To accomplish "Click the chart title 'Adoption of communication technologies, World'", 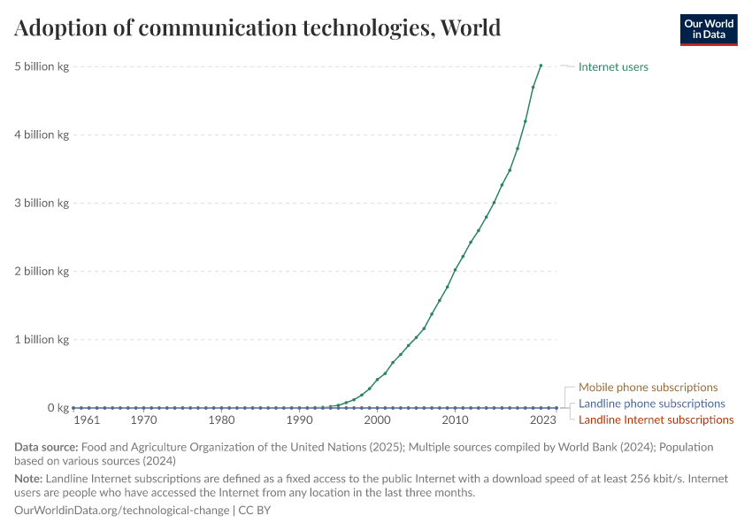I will click(x=257, y=27).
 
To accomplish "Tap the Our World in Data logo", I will click(x=708, y=29).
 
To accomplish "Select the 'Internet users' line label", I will click(x=613, y=66).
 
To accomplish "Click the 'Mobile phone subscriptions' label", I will click(x=648, y=388).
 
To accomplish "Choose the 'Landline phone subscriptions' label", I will click(x=651, y=404).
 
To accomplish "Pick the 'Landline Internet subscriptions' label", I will click(x=656, y=419).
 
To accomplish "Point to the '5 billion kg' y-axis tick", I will click(x=41, y=66).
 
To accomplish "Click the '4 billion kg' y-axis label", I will click(x=41, y=135).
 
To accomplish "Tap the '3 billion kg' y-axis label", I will click(x=41, y=203).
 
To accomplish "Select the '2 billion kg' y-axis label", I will click(x=41, y=271).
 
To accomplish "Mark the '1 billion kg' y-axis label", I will click(x=41, y=339).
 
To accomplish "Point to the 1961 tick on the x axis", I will click(x=86, y=420).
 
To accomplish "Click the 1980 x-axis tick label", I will click(x=221, y=420).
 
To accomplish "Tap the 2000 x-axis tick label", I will click(x=377, y=420).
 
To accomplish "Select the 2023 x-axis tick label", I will click(x=543, y=420).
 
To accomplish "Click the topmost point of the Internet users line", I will click(x=541, y=65).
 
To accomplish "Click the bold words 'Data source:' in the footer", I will click(x=46, y=447).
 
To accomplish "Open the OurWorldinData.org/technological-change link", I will click(x=121, y=511).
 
